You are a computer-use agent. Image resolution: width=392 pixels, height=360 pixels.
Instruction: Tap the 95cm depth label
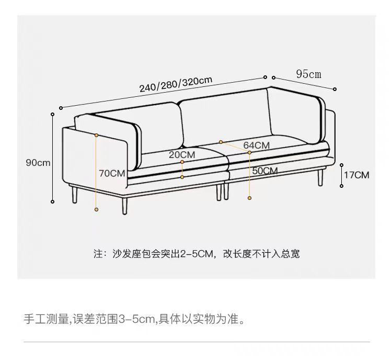(309, 74)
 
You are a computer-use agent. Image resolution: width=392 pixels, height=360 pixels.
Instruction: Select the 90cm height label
(38, 163)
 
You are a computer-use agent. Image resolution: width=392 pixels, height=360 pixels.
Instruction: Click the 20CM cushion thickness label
(182, 155)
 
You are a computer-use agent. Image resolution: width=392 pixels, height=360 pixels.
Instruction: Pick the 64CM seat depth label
(257, 145)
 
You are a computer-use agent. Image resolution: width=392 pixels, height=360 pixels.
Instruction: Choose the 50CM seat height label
(264, 171)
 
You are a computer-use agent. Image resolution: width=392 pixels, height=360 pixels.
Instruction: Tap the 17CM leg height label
(356, 175)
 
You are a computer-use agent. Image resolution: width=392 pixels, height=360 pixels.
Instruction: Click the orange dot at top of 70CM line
(97, 135)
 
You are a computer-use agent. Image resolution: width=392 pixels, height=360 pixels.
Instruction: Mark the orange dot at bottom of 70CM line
(97, 209)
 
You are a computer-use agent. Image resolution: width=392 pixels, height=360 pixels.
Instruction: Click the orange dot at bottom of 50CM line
(250, 198)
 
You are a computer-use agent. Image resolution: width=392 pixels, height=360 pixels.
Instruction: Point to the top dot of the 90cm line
(53, 114)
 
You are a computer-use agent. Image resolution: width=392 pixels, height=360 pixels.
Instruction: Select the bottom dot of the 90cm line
(53, 201)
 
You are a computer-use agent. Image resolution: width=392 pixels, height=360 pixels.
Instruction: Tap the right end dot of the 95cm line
(335, 89)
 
